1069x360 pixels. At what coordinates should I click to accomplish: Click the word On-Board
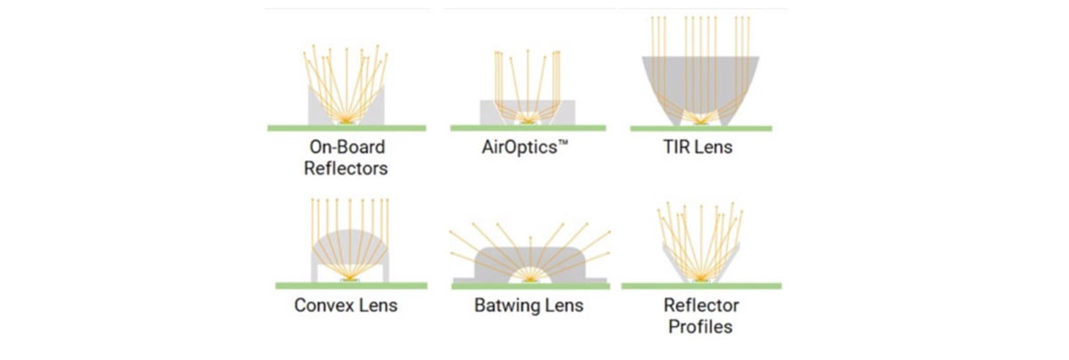(347, 147)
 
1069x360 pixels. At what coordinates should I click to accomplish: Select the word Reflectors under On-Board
(346, 168)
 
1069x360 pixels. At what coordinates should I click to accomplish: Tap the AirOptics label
(525, 147)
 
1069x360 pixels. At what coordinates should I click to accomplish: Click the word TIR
(676, 147)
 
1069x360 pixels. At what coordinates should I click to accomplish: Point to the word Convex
(322, 306)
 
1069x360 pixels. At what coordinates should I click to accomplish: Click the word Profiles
(700, 327)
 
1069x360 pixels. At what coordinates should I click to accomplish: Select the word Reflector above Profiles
(701, 306)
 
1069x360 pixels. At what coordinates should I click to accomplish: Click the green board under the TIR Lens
(701, 128)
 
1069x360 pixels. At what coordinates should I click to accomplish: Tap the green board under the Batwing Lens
(531, 286)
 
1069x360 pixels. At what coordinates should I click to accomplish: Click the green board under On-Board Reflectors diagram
(347, 128)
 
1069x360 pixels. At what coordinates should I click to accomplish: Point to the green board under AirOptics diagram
(527, 128)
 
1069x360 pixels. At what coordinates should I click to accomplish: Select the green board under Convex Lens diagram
(351, 286)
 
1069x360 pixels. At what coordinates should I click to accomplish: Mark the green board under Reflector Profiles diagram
(702, 286)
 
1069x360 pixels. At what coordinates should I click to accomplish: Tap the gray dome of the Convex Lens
(350, 249)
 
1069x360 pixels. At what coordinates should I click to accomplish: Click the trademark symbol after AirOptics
(563, 143)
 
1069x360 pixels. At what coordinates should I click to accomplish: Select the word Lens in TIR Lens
(713, 147)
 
